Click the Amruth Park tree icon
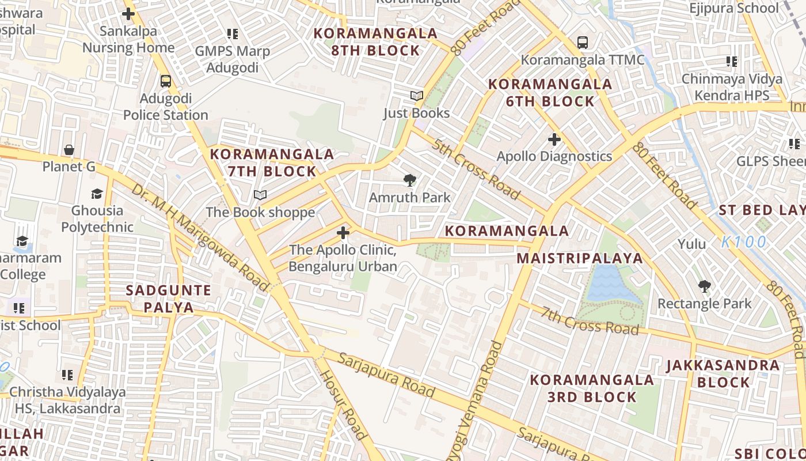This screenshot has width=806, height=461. (409, 180)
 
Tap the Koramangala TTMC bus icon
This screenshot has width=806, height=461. (583, 42)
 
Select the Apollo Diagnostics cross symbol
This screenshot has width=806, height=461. (554, 139)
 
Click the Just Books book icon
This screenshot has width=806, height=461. (416, 96)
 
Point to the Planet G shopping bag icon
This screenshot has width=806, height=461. (69, 150)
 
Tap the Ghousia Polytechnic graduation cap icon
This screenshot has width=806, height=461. (97, 194)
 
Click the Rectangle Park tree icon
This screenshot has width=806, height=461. (704, 286)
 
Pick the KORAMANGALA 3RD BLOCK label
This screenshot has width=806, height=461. (592, 388)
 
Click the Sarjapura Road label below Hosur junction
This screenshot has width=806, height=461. (386, 375)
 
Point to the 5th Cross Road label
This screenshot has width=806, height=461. (477, 169)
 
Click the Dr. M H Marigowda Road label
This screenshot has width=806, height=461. (200, 237)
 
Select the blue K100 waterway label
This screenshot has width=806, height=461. (744, 242)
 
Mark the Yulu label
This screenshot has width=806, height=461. (691, 244)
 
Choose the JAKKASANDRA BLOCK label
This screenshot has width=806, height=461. (723, 373)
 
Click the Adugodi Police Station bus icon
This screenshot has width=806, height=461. (166, 81)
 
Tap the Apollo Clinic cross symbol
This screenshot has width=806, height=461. (343, 233)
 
